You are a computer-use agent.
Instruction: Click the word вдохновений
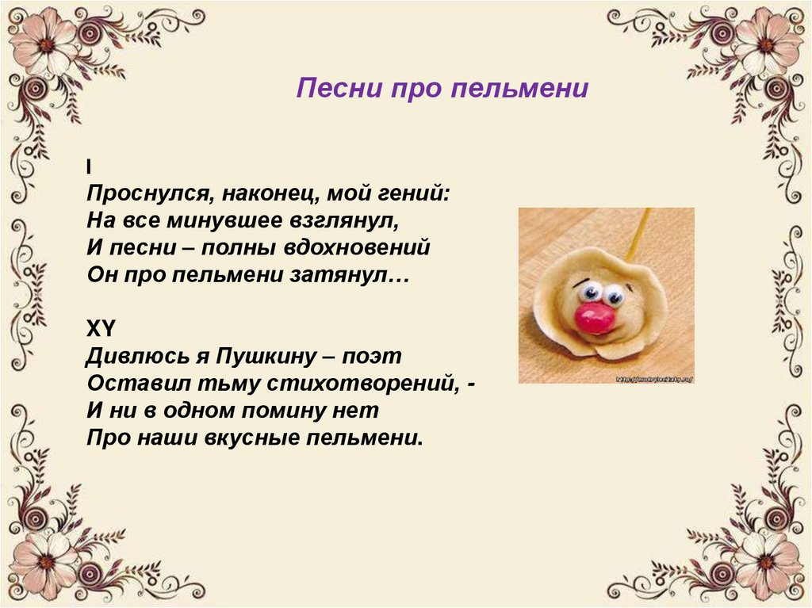coord(358,247)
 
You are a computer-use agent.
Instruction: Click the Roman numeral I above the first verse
coord(89,166)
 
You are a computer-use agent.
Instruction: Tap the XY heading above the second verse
coord(100,328)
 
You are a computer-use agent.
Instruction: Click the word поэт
coord(371,356)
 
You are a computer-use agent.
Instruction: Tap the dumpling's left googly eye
coord(589,293)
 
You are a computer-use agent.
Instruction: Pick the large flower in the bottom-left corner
coord(45,563)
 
